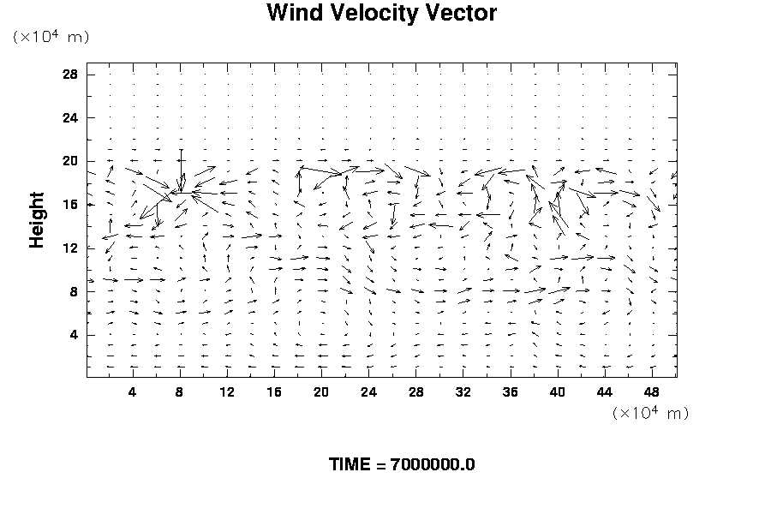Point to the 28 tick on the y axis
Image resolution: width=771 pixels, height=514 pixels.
point(70,75)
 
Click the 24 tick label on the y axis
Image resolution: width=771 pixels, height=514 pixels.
point(70,118)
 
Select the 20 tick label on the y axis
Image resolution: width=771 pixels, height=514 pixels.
point(70,161)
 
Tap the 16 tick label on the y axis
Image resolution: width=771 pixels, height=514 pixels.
point(70,205)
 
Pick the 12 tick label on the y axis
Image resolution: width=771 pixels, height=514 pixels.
point(70,248)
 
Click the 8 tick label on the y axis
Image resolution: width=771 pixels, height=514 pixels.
point(74,291)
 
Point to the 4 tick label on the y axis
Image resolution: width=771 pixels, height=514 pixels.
point(74,335)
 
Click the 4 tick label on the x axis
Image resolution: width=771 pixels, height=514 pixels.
point(132,392)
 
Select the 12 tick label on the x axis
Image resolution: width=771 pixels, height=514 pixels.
point(227,392)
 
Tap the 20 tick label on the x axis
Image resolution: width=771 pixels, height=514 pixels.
point(321,392)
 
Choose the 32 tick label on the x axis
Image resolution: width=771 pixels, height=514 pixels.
point(463,392)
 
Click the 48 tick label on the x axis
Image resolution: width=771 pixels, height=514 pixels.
point(652,392)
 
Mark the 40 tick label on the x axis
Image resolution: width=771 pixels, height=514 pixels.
point(558,392)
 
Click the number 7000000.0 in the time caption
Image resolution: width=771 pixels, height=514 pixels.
point(433,465)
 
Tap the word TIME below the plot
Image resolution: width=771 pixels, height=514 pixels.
point(350,465)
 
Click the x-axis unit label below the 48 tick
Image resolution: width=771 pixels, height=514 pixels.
point(650,413)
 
